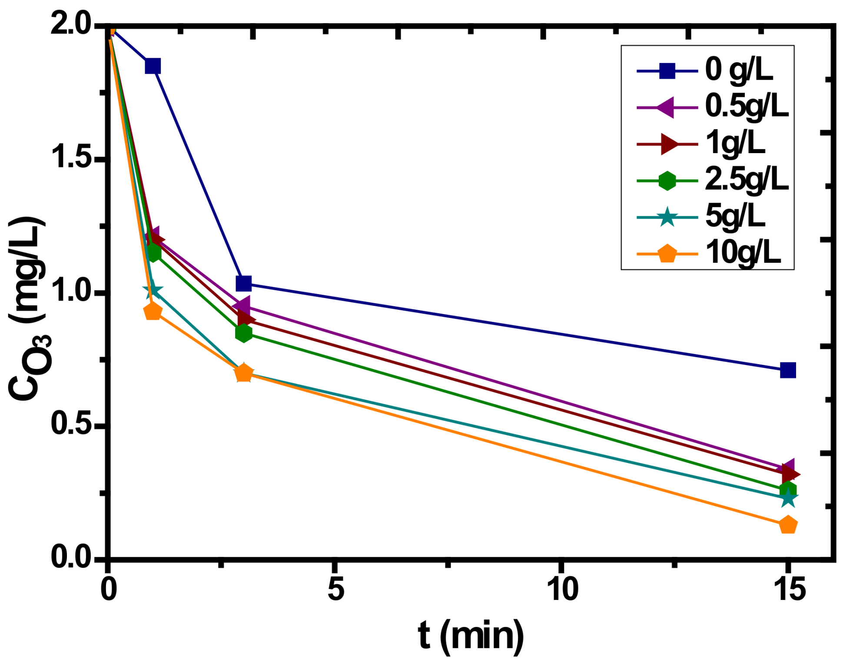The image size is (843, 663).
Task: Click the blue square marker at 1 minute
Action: [153, 66]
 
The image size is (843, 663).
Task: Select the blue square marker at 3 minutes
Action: [243, 284]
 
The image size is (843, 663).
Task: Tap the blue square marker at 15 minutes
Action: [788, 370]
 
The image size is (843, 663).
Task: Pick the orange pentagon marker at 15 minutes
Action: [788, 526]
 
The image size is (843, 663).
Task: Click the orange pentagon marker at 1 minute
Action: [153, 311]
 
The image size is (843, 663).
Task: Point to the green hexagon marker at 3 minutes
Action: [244, 333]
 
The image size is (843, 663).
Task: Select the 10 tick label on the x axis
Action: [562, 590]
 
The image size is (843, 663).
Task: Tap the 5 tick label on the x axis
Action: [336, 590]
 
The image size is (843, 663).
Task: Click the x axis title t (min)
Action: [471, 637]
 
